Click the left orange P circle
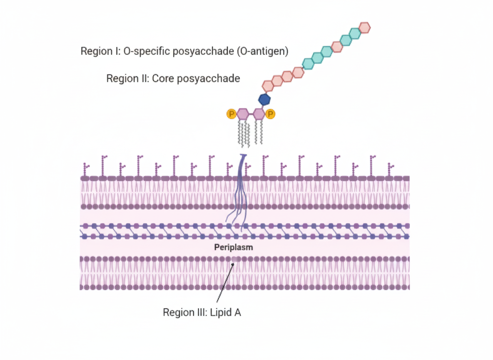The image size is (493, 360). pos(231,113)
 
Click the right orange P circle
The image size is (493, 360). pos(270,113)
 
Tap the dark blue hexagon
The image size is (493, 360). pos(264,100)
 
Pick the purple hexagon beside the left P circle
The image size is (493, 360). pos(243,113)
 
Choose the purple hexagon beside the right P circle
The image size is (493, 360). pos(259,113)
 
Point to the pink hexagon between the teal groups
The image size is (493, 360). pos(337,47)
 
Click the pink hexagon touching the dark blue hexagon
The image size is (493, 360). pos(268,85)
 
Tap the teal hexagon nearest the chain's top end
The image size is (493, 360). pos(355,33)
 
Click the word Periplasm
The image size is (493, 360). pos(234,247)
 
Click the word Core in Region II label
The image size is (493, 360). pos(163,78)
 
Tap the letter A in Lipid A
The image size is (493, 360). pos(237,312)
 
